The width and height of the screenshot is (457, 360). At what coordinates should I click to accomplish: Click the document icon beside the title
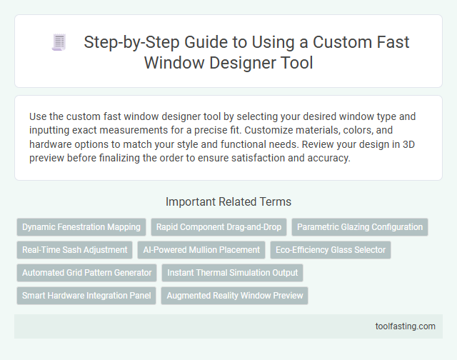click(59, 42)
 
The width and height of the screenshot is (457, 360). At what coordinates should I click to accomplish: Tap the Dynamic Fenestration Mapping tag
click(81, 227)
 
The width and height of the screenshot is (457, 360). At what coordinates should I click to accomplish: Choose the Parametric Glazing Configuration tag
click(360, 227)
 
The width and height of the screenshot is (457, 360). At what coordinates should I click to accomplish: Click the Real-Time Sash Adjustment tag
click(75, 250)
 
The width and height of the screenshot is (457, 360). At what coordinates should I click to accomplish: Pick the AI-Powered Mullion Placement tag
click(201, 250)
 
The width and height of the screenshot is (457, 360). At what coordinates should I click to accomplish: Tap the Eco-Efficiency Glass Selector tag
click(330, 250)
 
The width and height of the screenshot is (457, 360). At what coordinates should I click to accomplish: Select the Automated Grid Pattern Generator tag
click(87, 272)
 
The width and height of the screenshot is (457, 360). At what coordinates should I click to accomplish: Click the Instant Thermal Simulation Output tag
click(233, 272)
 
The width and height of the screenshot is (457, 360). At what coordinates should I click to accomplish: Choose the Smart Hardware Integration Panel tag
click(86, 295)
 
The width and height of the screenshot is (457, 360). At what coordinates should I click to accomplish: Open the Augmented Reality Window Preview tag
click(234, 295)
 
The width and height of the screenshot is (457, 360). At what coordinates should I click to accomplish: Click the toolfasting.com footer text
click(405, 326)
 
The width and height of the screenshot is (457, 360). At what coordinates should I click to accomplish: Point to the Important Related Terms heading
click(228, 201)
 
